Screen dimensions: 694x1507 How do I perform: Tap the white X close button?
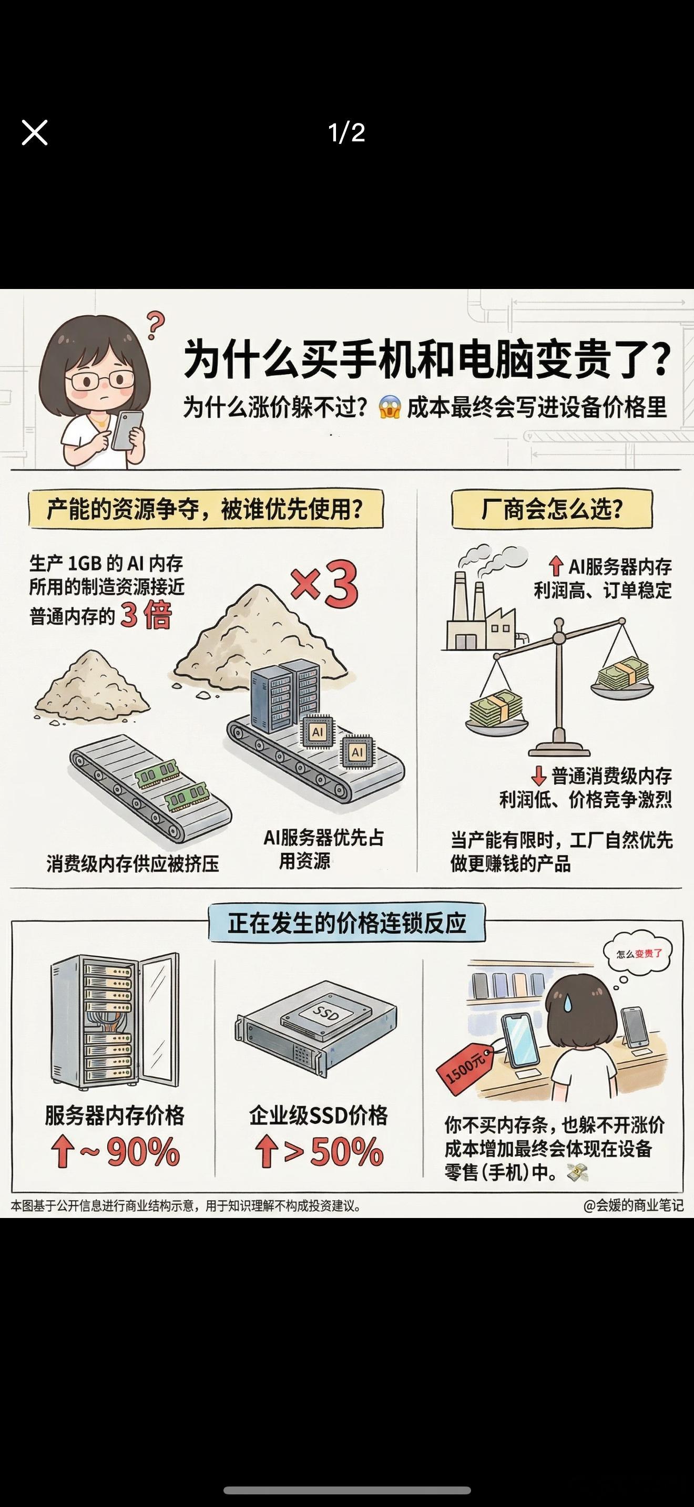35,132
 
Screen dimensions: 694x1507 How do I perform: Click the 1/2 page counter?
346,133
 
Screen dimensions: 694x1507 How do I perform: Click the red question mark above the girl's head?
155,325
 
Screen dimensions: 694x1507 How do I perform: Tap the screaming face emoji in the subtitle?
390,407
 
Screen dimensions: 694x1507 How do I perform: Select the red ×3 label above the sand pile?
324,584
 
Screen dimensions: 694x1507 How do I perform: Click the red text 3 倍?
146,615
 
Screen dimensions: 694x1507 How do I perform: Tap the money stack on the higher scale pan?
623,672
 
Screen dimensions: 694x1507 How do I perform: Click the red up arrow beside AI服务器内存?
555,566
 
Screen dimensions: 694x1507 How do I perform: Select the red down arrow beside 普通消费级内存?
538,776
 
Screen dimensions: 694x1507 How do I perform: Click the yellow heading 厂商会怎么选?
552,509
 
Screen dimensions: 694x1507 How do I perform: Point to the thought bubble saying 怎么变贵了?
637,955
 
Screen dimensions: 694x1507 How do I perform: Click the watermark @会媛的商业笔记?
633,1206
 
